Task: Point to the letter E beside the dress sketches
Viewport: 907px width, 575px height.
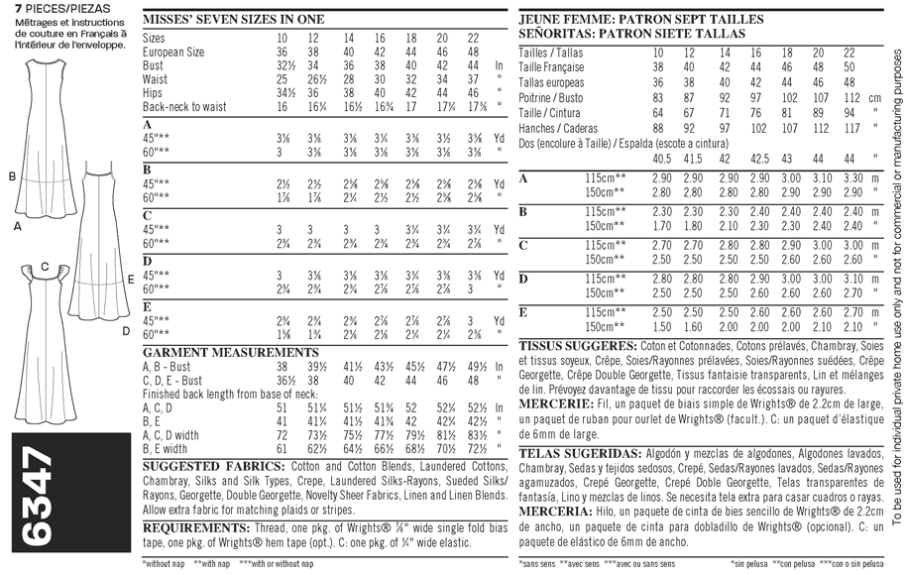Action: click(131, 280)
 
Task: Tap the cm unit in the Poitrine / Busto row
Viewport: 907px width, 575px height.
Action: click(874, 97)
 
